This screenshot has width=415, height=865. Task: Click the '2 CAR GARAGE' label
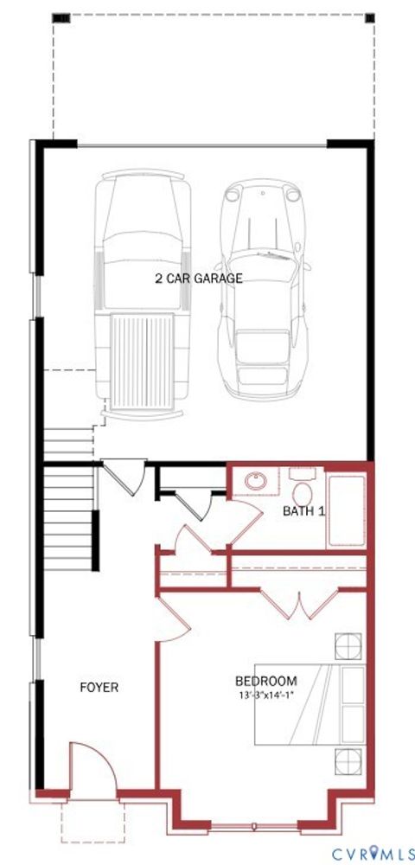pyautogui.click(x=199, y=279)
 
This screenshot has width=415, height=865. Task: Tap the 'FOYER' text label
pyautogui.click(x=99, y=688)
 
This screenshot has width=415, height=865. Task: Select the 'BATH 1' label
pyautogui.click(x=304, y=511)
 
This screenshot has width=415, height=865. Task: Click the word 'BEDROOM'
pyautogui.click(x=266, y=681)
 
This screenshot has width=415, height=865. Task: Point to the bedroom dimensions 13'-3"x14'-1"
pyautogui.click(x=266, y=695)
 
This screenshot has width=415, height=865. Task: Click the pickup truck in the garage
pyautogui.click(x=143, y=285)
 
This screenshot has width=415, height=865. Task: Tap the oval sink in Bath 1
pyautogui.click(x=256, y=481)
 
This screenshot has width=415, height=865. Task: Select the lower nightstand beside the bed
pyautogui.click(x=349, y=761)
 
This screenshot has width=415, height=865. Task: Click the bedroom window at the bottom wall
pyautogui.click(x=254, y=826)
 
